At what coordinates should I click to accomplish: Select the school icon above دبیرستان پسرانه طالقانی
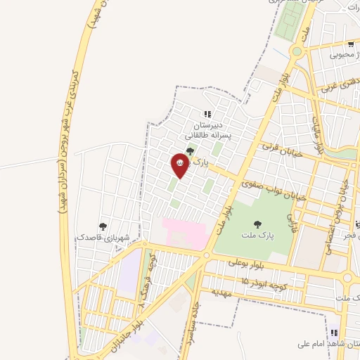click(x=207, y=113)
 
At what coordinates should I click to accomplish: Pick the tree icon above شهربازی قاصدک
click(x=103, y=226)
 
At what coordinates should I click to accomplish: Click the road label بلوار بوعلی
click(x=245, y=265)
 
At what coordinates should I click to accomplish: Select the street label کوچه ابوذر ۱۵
click(x=264, y=281)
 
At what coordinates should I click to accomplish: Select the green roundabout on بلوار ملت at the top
click(x=296, y=51)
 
